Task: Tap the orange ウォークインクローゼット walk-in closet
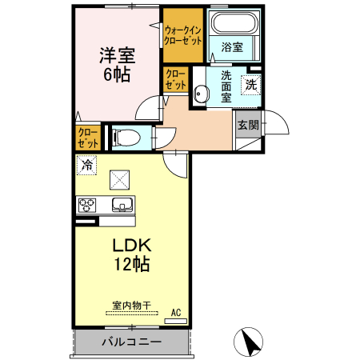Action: click(183, 36)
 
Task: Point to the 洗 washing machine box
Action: click(250, 84)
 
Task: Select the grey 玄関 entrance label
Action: click(247, 125)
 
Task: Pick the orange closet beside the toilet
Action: click(88, 138)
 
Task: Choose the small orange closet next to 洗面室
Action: click(175, 81)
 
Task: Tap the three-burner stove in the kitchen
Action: click(87, 205)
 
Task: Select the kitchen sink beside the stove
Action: click(122, 204)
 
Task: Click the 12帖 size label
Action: click(131, 263)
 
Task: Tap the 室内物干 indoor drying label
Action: click(131, 306)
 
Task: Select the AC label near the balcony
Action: click(176, 312)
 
